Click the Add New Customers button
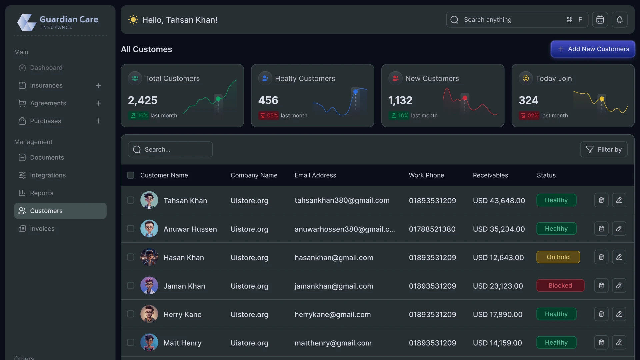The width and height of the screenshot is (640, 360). [593, 49]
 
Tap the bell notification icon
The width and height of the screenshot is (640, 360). [619, 20]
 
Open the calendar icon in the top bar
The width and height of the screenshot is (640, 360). [600, 20]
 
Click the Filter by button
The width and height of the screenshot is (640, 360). [604, 149]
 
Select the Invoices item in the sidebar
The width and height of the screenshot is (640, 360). [42, 229]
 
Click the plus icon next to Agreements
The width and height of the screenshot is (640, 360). [98, 103]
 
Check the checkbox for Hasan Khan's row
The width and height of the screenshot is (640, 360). [131, 257]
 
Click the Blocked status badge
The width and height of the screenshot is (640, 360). [560, 286]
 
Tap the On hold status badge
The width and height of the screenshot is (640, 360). [558, 257]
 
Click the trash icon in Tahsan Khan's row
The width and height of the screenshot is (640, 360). [601, 200]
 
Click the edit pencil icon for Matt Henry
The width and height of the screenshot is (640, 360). [619, 342]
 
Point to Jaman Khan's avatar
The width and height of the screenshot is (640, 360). [149, 286]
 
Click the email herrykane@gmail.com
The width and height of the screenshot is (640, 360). [332, 315]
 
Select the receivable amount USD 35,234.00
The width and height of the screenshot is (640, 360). [499, 229]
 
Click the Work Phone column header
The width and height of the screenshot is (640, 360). [426, 175]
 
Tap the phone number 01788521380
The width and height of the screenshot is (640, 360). [432, 229]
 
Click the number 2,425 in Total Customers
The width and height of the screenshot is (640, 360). [143, 100]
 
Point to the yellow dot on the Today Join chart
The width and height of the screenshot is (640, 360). [602, 99]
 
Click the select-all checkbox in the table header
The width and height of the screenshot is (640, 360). [131, 175]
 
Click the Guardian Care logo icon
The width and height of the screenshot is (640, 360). [27, 22]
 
